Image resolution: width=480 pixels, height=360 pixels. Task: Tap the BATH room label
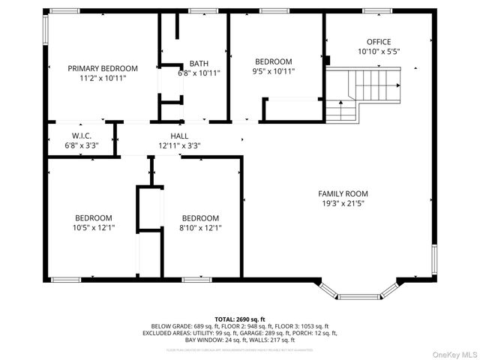[x=199, y=63]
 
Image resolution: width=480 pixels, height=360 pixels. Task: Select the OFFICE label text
[x=378, y=42]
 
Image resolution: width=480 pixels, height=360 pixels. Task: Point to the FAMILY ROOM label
[x=344, y=193]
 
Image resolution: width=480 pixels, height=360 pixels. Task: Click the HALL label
[x=178, y=136]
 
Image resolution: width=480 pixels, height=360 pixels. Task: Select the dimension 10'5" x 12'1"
[x=93, y=227]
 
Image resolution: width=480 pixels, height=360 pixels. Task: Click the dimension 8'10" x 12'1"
[x=200, y=227]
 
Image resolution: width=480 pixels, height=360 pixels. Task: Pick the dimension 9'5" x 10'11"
[x=274, y=72]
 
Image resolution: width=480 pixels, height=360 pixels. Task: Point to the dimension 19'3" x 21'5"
[x=344, y=203]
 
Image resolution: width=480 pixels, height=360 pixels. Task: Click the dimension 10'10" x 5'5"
[x=378, y=52]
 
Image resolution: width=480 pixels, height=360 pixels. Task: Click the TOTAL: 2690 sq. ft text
[x=239, y=319]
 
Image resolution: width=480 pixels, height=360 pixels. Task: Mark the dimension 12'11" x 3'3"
[x=178, y=145]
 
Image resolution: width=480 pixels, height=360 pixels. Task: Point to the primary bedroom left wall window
[x=46, y=31]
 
